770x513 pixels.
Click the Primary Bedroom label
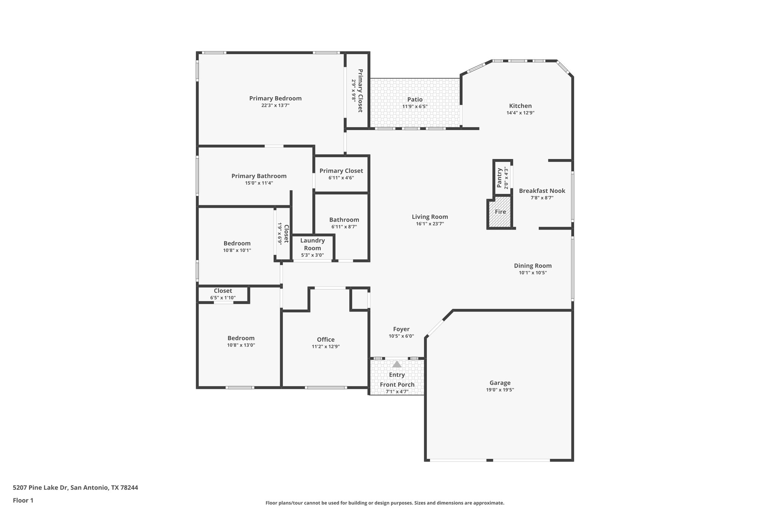point(275,98)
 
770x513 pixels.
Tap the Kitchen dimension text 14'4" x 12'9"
point(520,113)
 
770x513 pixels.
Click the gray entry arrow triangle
point(397,364)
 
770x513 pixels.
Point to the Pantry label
point(499,178)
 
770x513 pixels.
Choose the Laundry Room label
point(312,244)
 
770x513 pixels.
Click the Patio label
point(415,100)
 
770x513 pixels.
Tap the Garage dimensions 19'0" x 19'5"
point(500,390)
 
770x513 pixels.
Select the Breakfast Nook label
point(542,191)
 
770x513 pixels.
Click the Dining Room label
point(533,266)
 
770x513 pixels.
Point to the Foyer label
point(401,329)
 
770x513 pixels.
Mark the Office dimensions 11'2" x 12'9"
point(326,347)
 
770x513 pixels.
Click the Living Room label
point(430,217)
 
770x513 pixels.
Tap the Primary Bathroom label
point(259,176)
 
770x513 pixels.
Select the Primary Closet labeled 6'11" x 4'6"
point(341,171)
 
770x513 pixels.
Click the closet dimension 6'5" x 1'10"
point(223,298)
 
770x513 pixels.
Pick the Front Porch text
point(397,384)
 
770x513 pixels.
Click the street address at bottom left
point(75,487)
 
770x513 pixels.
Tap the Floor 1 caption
point(23,500)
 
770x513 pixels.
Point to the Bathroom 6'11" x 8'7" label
point(344,220)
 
